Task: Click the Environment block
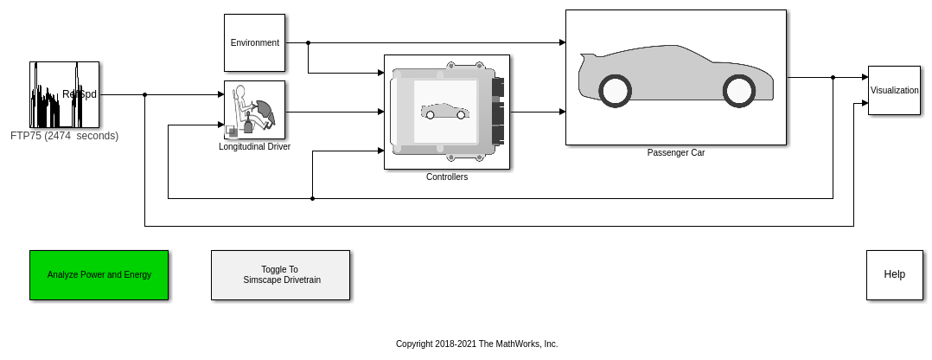254,42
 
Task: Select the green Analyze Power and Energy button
99,275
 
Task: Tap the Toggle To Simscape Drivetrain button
280,275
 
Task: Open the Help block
894,275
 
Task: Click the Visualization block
894,90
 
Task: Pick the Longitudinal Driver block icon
254,110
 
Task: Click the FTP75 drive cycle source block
64,94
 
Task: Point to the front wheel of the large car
739,91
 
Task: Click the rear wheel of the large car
615,91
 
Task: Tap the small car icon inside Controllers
444,112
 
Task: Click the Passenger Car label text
676,153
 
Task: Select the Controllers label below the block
447,177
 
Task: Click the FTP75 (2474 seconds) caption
64,136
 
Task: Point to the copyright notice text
476,344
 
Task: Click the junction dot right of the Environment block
308,42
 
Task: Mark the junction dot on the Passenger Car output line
833,77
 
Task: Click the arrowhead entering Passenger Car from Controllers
562,112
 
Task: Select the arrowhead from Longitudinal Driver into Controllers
380,112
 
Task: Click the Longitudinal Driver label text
254,147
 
